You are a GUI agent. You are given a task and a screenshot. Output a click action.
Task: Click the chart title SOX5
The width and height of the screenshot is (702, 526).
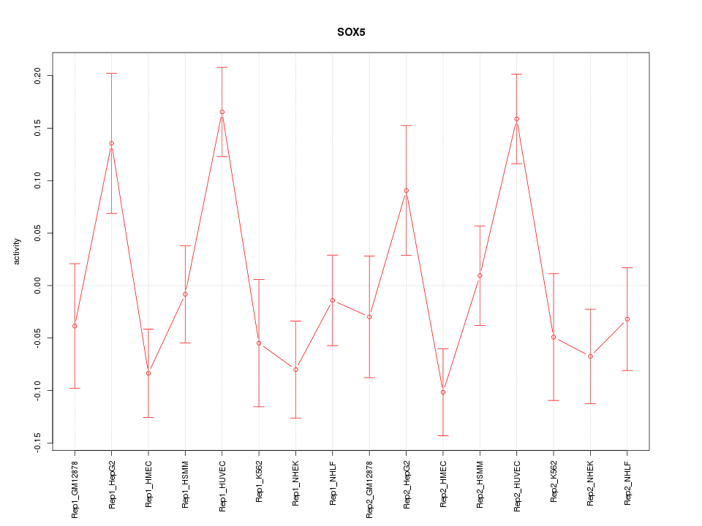point(350,32)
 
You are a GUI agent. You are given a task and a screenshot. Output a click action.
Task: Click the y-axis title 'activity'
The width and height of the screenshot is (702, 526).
point(18,251)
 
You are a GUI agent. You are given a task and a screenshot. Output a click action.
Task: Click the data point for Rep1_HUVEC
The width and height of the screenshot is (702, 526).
point(222,112)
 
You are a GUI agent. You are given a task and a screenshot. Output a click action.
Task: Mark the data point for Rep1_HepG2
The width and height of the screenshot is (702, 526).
point(111,143)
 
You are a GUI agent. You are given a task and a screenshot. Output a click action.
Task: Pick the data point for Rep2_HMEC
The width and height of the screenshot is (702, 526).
point(443,392)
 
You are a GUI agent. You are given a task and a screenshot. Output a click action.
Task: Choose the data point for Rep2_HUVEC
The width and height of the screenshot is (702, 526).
point(517,119)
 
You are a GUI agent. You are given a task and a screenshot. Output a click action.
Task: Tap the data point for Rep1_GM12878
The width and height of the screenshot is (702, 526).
point(75,326)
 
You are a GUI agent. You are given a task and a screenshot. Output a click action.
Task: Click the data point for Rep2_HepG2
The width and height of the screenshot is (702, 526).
point(406,191)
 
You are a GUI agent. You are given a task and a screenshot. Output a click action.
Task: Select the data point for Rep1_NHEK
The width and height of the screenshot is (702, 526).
point(295,370)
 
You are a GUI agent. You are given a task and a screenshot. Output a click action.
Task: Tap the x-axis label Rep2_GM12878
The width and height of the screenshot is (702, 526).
point(369,486)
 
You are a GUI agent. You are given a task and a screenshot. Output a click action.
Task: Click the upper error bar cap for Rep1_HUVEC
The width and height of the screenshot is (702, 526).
point(222,67)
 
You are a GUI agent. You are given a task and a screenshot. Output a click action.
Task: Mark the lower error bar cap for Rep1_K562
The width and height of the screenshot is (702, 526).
point(259,406)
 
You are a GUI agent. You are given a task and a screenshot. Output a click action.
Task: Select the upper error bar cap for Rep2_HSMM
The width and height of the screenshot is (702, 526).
point(480,226)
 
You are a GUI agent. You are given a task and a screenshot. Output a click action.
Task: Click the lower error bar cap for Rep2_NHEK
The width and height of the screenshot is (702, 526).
point(590,403)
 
